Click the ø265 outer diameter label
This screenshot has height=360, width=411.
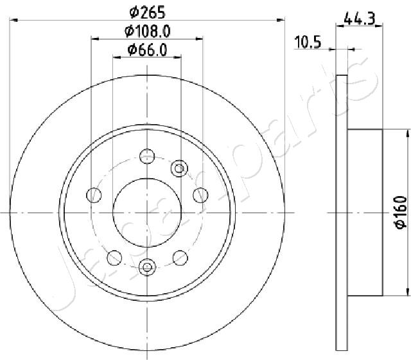148,12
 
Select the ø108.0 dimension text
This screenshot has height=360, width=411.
148,31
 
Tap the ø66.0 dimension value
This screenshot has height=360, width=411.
147,50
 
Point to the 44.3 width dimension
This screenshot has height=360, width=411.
360,19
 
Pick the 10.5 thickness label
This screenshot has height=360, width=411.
308,42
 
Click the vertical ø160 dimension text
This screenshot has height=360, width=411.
401,213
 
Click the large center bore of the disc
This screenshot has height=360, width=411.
147,213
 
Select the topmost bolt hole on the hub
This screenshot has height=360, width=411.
147,156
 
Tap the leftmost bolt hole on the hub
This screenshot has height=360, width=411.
94,195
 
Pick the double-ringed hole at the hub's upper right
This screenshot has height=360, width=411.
179,168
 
